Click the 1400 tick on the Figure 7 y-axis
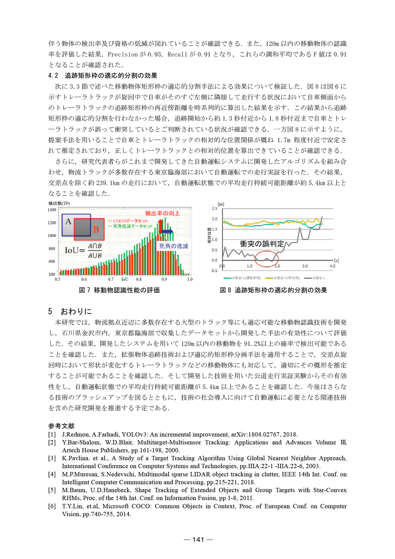52,210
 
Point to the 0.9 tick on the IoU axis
164,279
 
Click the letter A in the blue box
68,221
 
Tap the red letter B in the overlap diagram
96,230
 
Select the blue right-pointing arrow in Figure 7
167,231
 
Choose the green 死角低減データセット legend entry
130,226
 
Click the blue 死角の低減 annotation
174,246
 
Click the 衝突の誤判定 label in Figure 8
262,244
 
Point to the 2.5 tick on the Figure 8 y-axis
214,208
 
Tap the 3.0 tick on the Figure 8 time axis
305,266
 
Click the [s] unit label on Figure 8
336,260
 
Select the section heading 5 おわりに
70,311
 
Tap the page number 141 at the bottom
198,539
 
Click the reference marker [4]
52,474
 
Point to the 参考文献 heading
61,426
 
